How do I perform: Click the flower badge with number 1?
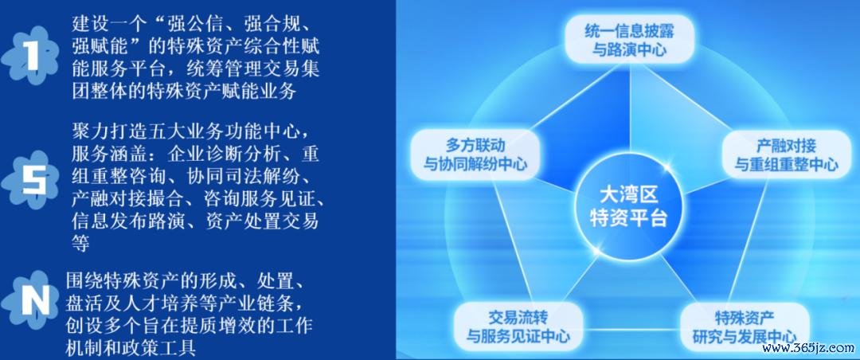tap(30, 56)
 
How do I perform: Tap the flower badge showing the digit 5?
tap(30, 179)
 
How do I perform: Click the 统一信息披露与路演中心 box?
tap(629, 39)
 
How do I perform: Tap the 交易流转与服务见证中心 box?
tap(518, 327)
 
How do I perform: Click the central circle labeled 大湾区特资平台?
tap(628, 206)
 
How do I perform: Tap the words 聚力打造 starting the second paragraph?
tap(105, 132)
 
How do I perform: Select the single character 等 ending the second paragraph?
tap(80, 243)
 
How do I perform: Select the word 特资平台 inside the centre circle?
tap(628, 218)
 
